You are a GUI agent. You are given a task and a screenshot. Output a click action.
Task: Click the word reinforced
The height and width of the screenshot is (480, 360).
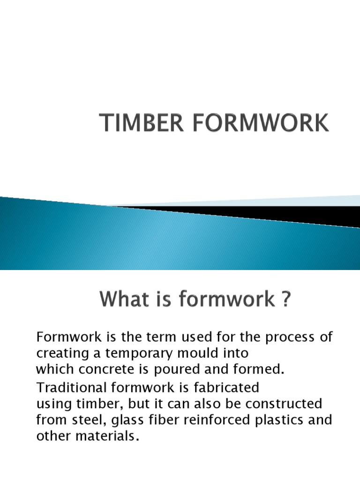pyautogui.click(x=212, y=420)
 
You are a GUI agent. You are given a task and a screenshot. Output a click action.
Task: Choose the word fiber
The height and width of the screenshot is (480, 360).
pyautogui.click(x=160, y=420)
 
